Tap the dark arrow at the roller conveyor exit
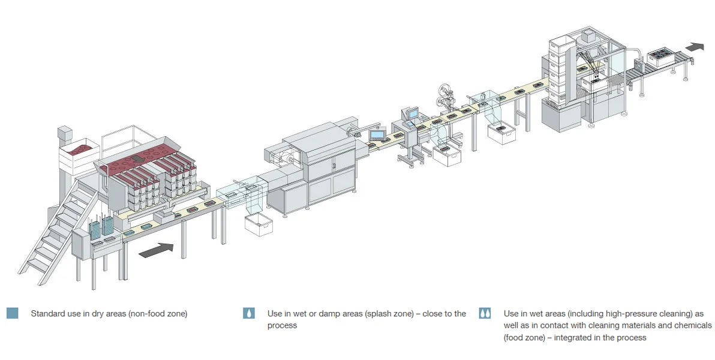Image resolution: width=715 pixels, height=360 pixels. (x=696, y=46)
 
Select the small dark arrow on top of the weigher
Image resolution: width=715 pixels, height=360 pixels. (x=137, y=158)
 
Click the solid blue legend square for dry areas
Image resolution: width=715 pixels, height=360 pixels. (x=13, y=313)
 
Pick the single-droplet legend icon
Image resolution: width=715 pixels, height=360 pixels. (x=249, y=313)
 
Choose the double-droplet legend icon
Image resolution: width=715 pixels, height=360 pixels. (x=485, y=313)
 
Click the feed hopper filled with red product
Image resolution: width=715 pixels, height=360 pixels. (x=80, y=148)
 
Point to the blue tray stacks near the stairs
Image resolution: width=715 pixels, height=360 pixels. (x=102, y=226)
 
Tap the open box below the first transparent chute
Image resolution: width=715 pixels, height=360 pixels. (x=259, y=224)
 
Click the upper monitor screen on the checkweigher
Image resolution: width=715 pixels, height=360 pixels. (x=412, y=112)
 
